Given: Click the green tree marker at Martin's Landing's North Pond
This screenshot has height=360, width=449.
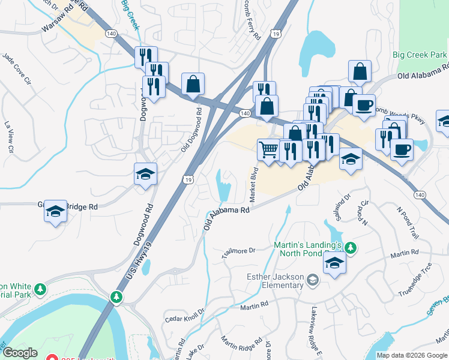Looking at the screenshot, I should [x=351, y=247].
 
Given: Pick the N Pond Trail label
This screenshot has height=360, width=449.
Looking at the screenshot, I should [x=406, y=221].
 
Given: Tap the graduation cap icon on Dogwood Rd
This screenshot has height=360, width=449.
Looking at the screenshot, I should [x=145, y=175].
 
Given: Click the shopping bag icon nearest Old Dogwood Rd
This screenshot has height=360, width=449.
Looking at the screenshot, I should [x=193, y=85].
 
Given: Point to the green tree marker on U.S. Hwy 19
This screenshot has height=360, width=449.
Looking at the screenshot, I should [x=116, y=297].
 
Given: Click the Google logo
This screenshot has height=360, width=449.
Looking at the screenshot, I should [x=20, y=353].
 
